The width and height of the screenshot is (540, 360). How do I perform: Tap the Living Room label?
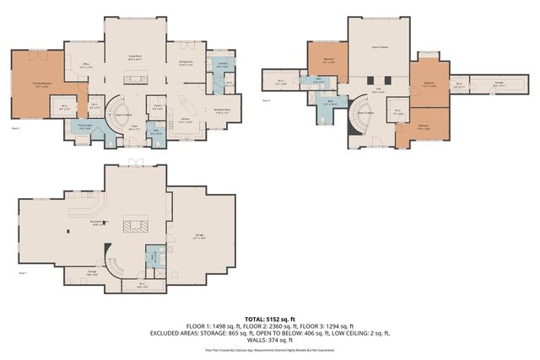tap(134, 58)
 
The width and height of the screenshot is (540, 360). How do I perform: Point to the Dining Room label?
tap(185, 64)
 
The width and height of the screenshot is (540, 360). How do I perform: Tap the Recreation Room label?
tap(99, 223)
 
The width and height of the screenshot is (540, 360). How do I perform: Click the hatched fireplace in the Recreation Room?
tap(135, 224)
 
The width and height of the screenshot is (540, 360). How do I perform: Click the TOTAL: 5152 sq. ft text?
tap(269, 318)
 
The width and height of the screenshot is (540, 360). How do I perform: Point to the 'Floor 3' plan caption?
tap(266, 99)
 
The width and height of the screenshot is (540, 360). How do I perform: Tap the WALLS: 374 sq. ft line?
tap(269, 338)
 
